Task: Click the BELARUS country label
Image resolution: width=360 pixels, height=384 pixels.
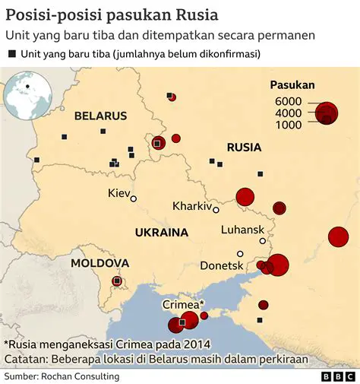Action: point(100,116)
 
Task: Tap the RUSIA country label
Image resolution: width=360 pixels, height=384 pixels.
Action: point(244,148)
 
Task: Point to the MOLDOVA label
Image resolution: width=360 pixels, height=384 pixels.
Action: point(99,263)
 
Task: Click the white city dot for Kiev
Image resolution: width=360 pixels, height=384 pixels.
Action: point(134,198)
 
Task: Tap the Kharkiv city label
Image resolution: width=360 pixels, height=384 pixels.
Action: point(191,206)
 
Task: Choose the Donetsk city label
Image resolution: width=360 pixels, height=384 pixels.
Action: point(222,265)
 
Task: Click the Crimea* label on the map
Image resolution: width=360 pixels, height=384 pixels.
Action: point(181,304)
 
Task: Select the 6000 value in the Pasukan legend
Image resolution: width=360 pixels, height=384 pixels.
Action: point(289,102)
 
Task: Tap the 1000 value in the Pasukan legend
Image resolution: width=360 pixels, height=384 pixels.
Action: point(289,125)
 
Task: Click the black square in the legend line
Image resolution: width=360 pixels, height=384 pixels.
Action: point(12,54)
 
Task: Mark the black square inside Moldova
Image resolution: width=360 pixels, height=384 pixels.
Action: point(116,281)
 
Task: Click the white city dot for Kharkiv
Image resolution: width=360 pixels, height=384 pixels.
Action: point(216,210)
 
